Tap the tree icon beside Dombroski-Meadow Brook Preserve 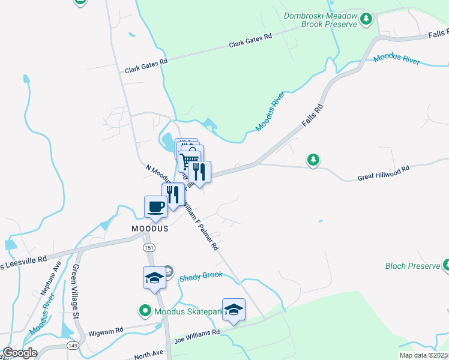[x=366, y=20]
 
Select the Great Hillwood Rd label [x=383, y=173]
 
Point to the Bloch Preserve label [x=412, y=266]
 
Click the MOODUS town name [x=149, y=229]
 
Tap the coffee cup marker [x=156, y=208]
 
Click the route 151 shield [x=148, y=247]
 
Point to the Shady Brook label [x=200, y=275]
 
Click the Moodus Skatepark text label [x=188, y=311]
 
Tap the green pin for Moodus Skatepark [x=145, y=311]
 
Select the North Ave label [x=149, y=355]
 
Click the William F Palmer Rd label [x=200, y=226]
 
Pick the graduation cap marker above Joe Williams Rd [x=234, y=310]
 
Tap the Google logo [x=19, y=353]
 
